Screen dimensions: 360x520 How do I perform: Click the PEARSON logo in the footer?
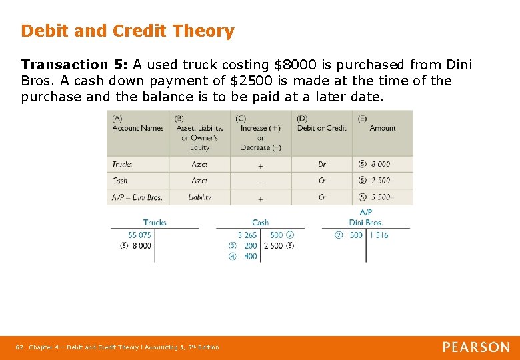(476, 347)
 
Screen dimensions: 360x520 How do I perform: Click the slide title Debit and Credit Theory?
(127, 31)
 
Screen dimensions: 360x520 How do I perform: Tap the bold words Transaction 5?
(73, 65)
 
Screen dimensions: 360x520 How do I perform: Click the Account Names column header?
(137, 128)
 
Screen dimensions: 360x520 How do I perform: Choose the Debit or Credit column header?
(322, 128)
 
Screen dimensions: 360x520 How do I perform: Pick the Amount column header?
(383, 128)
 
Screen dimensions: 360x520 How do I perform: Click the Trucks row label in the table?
(122, 164)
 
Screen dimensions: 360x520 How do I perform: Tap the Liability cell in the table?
(199, 197)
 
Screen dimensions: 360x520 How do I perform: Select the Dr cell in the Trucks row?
(322, 164)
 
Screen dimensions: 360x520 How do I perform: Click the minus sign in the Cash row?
(260, 181)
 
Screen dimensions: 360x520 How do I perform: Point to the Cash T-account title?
(260, 223)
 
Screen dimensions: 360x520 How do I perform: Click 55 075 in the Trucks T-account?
(139, 235)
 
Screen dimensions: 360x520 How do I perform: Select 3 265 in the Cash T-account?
(247, 235)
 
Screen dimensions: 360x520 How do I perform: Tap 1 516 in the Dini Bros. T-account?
(379, 235)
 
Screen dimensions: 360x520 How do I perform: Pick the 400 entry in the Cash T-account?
(251, 257)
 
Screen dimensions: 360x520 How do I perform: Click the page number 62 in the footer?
(19, 347)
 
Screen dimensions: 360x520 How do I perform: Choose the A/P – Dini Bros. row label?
(137, 197)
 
